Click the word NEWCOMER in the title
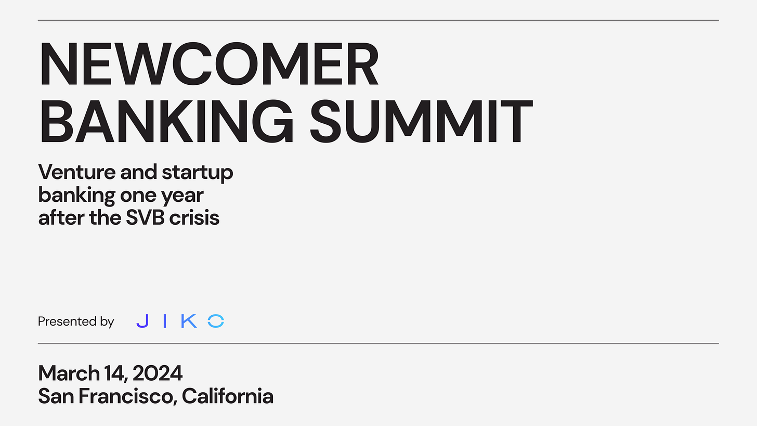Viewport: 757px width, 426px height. (208, 64)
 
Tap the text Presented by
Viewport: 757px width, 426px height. (76, 321)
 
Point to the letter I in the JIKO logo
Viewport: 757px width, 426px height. (165, 321)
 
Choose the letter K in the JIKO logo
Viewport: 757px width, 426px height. (189, 321)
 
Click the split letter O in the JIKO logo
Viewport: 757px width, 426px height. (216, 321)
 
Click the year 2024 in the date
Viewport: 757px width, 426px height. (158, 373)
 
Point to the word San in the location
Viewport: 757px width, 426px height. (56, 396)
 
